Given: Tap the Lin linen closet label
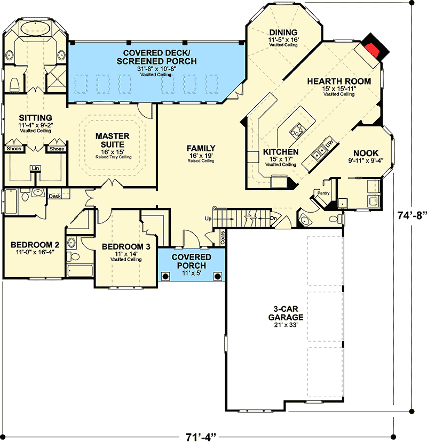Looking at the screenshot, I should [x=36, y=168].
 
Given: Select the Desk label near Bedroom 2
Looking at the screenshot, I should [x=54, y=196].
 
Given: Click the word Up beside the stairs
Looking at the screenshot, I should [x=209, y=219].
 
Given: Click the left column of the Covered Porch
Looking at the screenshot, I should [x=165, y=276].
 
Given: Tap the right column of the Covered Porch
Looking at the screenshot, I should [x=218, y=276].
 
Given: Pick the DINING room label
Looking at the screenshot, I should [x=283, y=32].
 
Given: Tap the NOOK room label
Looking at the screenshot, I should [x=366, y=154].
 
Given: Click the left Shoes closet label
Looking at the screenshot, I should [x=14, y=149].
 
